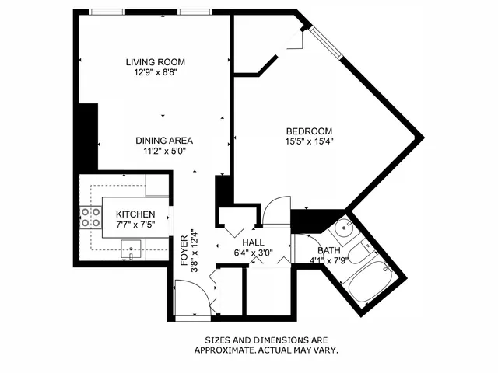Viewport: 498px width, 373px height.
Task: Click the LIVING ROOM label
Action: click(156, 61)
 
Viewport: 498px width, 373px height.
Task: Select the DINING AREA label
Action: click(163, 141)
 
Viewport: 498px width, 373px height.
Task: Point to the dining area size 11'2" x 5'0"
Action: click(163, 152)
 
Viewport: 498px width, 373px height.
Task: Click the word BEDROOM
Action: click(309, 131)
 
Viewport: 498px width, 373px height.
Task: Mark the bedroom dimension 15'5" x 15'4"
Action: click(309, 141)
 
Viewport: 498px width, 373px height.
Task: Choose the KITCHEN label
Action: click(135, 214)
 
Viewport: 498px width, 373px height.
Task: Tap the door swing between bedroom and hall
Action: click(273, 212)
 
